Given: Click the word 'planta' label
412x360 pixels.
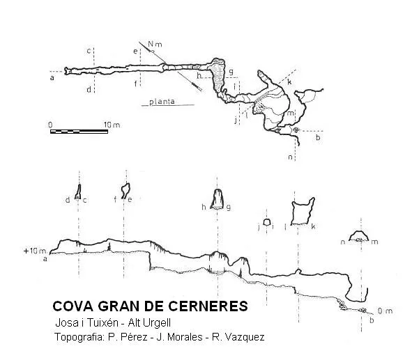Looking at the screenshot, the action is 162,102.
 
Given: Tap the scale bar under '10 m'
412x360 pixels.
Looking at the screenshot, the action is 79,132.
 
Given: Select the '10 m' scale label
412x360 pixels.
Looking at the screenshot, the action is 112,125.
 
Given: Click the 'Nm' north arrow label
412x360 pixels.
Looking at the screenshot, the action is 155,44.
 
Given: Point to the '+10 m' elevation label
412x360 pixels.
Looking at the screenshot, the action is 35,251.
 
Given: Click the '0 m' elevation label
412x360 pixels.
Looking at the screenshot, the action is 386,311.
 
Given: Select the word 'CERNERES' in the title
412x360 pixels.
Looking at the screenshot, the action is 208,306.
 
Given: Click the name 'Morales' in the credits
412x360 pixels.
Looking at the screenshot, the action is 185,337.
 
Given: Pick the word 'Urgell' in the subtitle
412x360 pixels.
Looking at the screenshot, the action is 157,322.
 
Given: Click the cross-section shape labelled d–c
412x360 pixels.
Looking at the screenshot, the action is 78,191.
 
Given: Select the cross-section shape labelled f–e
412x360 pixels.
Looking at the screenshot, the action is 125,191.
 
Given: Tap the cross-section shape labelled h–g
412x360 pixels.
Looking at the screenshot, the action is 217,199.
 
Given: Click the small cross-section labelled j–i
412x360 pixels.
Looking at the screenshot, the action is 267,222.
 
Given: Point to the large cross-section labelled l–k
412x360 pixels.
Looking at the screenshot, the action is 303,212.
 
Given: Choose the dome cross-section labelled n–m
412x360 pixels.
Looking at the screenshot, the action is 359,236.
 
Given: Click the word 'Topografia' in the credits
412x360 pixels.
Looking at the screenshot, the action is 79,337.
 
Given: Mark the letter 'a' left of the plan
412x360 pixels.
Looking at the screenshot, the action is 52,78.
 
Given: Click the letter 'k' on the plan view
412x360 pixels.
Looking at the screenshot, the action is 289,82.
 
